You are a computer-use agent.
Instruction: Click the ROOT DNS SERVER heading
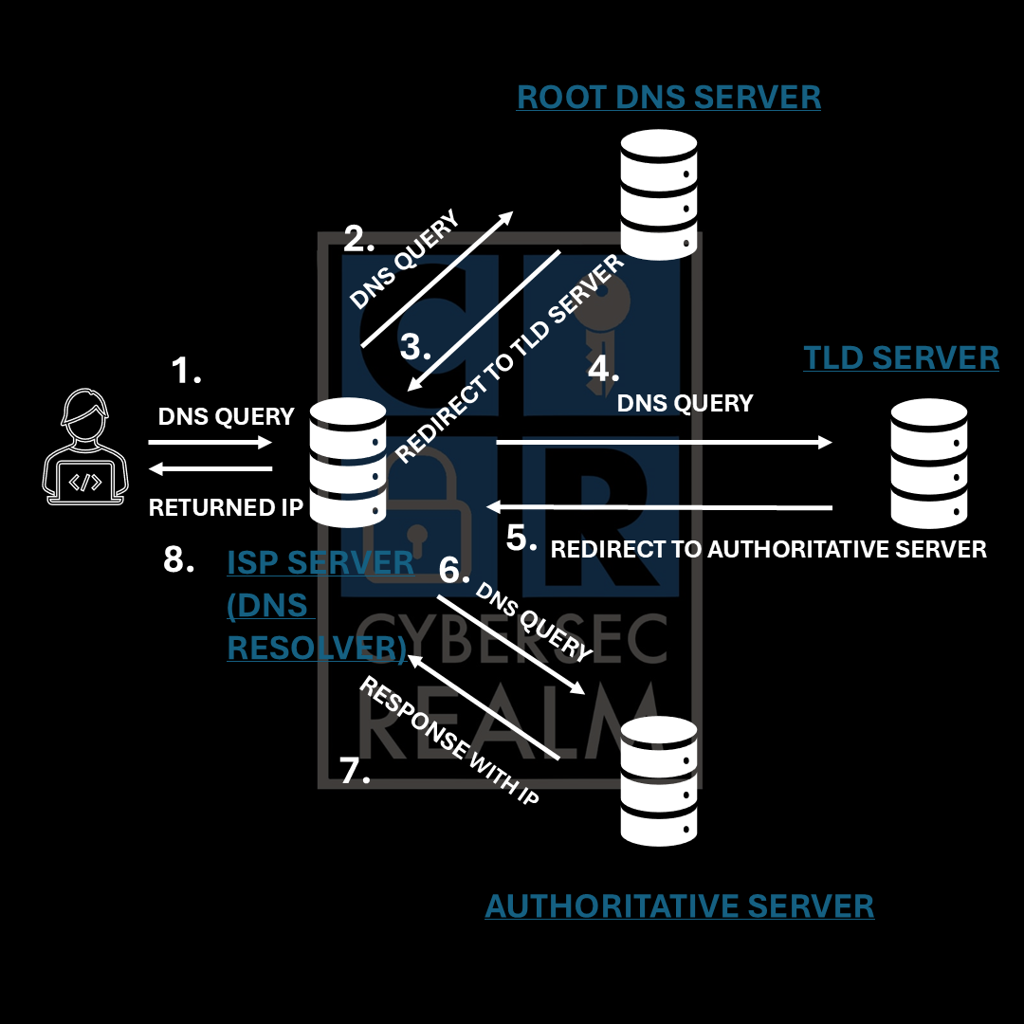(x=668, y=97)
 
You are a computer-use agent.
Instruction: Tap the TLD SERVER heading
(x=901, y=357)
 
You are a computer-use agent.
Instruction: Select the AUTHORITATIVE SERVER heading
(x=679, y=905)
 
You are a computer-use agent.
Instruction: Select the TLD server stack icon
(x=928, y=462)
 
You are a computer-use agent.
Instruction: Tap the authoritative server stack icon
(x=658, y=781)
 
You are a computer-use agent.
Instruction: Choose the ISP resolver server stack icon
(x=348, y=462)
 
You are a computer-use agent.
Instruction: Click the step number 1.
(x=186, y=372)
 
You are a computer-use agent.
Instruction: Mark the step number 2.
(x=358, y=239)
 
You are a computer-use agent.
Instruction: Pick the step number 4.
(x=603, y=368)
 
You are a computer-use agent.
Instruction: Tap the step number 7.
(x=354, y=771)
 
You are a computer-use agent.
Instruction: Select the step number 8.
(x=178, y=559)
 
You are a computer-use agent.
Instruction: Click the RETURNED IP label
(x=226, y=507)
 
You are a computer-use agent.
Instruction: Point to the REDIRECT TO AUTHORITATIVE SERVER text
(x=768, y=549)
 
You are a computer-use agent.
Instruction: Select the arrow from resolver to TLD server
(x=663, y=442)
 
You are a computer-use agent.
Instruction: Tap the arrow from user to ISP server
(x=210, y=442)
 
